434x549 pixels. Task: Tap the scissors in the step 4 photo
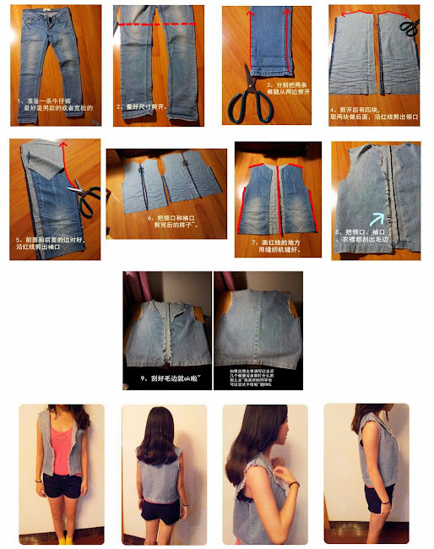408,29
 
